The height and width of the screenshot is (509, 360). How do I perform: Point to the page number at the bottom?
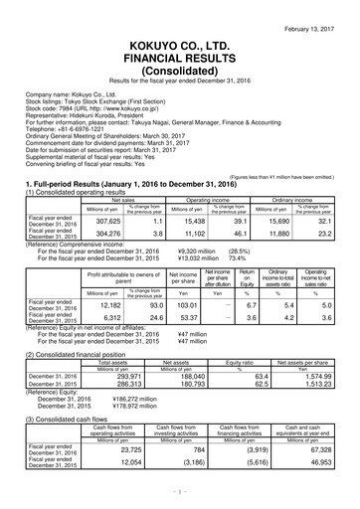[x=180, y=490]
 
